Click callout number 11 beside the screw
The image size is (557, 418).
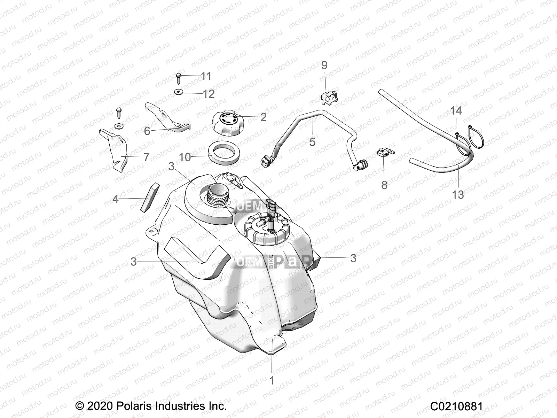tap(206, 76)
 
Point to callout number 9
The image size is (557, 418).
tap(324, 65)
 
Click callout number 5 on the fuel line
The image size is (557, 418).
tap(312, 142)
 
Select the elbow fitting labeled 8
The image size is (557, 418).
tap(384, 153)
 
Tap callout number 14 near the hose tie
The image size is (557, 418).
tap(456, 111)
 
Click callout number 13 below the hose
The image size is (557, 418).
tap(458, 194)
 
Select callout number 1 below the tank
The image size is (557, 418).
tap(272, 380)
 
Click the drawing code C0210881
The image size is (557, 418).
tap(456, 406)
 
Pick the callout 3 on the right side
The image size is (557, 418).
tap(353, 258)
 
